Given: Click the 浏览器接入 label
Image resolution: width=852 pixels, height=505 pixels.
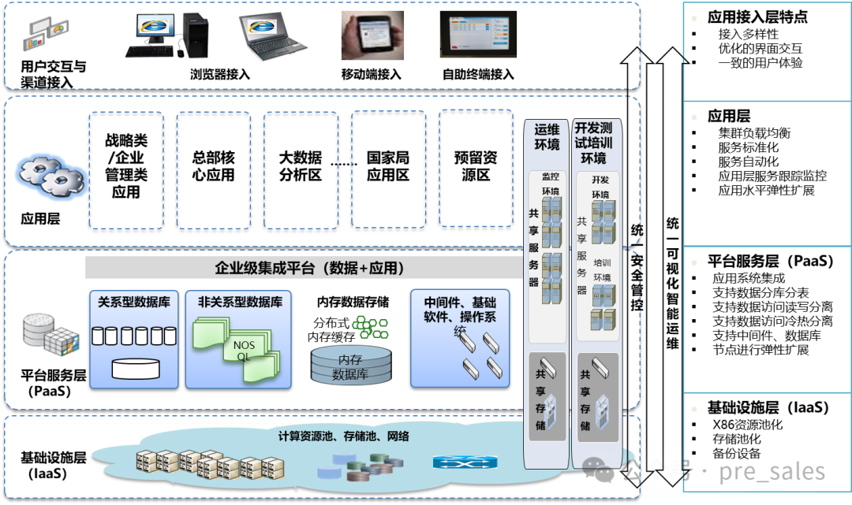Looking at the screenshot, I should (x=220, y=75).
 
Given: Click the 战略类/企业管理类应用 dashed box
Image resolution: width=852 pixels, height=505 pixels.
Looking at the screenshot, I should (x=126, y=169).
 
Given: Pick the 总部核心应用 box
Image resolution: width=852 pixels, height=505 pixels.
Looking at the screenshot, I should (x=214, y=169).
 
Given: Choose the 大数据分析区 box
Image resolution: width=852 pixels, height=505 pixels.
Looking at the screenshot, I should (x=301, y=169).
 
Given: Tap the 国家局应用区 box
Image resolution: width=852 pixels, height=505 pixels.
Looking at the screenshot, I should (x=388, y=169).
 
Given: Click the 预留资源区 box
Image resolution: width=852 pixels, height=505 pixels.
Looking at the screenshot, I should (x=476, y=169).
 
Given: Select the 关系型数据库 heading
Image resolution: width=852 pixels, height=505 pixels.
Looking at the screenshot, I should (x=133, y=302).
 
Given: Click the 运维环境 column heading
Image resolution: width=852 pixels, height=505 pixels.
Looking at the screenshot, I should (x=547, y=136).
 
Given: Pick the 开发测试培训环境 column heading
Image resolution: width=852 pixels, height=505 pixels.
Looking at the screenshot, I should (x=593, y=142).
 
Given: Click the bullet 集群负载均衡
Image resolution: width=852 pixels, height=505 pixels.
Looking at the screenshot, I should (x=754, y=133).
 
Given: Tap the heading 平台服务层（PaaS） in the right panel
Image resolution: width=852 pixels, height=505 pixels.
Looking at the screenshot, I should (x=770, y=261).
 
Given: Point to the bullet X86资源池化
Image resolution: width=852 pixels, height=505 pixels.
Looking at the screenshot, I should (x=747, y=425).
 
